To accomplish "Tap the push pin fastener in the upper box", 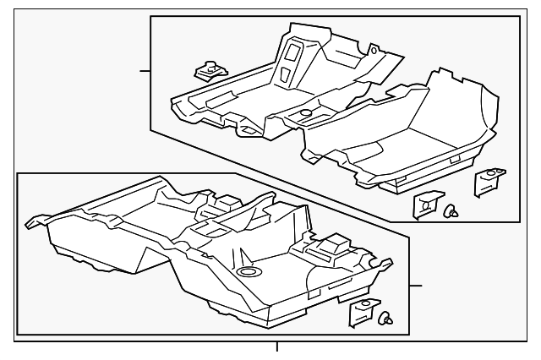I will coord(452,211).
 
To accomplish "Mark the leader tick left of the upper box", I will coord(145,71).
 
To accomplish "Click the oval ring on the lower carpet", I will coord(248,271).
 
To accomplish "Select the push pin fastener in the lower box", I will coord(388,319).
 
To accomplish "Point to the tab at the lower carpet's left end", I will coord(37,221).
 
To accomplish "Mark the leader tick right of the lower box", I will coord(415,286).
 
